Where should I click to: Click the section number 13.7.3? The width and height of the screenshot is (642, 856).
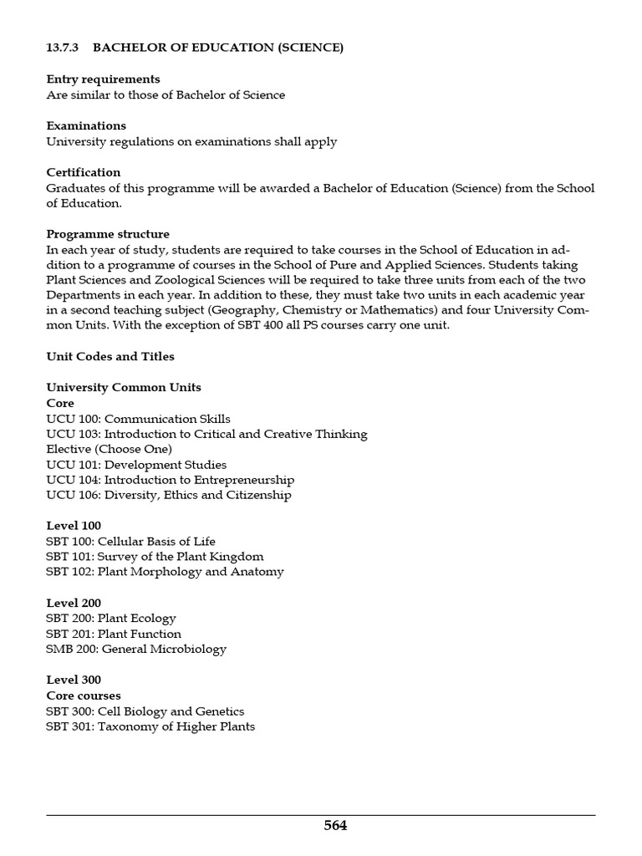pyautogui.click(x=62, y=48)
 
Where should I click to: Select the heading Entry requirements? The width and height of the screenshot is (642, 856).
pyautogui.click(x=103, y=79)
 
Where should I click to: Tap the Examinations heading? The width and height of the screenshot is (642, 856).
pyautogui.click(x=86, y=125)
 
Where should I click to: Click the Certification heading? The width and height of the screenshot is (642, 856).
pyautogui.click(x=84, y=172)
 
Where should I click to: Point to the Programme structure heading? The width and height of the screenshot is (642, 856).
pyautogui.click(x=108, y=234)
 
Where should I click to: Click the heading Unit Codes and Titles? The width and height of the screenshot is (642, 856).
pyautogui.click(x=110, y=356)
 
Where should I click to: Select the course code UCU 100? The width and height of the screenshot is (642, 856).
pyautogui.click(x=73, y=419)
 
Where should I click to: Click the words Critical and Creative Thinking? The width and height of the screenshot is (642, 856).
pyautogui.click(x=282, y=434)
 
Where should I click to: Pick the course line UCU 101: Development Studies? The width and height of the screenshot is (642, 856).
pyautogui.click(x=136, y=465)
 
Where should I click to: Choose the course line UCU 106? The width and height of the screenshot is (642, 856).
pyautogui.click(x=169, y=495)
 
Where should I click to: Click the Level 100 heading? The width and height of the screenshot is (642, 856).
pyautogui.click(x=74, y=526)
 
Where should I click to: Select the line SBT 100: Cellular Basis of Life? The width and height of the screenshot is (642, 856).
pyautogui.click(x=130, y=542)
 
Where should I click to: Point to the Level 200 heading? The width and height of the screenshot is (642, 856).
pyautogui.click(x=74, y=603)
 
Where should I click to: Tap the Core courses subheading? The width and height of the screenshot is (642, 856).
pyautogui.click(x=84, y=695)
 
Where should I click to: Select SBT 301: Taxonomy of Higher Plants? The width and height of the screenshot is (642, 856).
pyautogui.click(x=150, y=726)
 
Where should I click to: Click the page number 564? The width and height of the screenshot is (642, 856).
pyautogui.click(x=335, y=826)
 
